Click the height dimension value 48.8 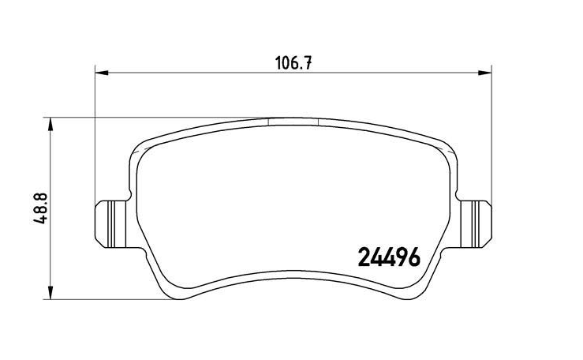coord(37,209)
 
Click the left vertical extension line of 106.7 coord(95,134)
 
